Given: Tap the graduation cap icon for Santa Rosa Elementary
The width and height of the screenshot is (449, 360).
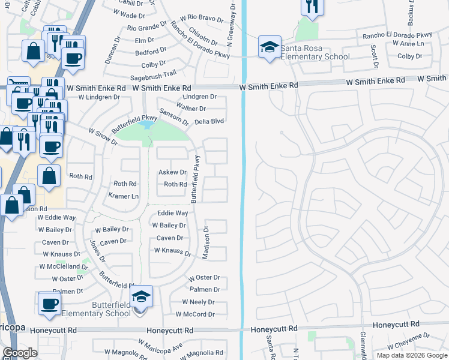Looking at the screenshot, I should tap(270, 47).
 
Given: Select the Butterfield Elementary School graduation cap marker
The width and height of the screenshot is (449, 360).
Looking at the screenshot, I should tap(142, 296).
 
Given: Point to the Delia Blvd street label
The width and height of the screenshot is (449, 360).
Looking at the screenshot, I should tap(208, 121).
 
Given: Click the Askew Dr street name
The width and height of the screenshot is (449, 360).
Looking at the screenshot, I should tap(172, 172).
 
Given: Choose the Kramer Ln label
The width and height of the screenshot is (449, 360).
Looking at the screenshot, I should tap(124, 196).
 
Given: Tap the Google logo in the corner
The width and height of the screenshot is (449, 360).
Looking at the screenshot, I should tap(20, 353).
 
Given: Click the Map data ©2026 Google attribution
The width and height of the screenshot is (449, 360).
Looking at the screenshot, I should tap(411, 355).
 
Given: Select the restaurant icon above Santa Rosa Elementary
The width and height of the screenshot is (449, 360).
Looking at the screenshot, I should tap(312, 7).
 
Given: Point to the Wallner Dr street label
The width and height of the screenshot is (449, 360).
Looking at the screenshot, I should tap(190, 109).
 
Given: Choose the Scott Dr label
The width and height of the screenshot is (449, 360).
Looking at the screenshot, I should tap(374, 56).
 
